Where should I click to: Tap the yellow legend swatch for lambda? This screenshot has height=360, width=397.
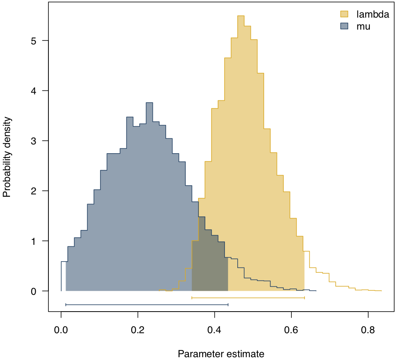pos(344,14)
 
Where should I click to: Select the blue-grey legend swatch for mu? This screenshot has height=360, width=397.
pos(344,26)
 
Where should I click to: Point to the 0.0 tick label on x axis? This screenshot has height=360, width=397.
pos(61,331)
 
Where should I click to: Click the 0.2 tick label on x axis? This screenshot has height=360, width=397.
pos(138,331)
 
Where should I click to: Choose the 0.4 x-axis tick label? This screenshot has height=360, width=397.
pos(215,331)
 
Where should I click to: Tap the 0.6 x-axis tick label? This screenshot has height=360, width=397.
pos(291,331)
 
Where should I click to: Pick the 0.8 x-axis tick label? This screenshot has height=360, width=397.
pos(368,331)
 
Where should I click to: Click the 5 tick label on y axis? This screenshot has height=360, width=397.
pos(34,41)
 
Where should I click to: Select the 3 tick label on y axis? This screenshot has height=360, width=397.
pos(34,141)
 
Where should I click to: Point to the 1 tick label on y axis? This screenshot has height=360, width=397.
pos(34,241)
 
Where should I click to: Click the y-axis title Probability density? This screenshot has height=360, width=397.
pos(7,157)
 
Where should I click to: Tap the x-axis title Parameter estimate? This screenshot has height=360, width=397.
pos(221,354)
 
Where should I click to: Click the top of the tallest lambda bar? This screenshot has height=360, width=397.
pos(241,16)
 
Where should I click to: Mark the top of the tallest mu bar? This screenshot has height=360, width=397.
pos(149,103)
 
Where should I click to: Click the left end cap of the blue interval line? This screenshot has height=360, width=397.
pos(66,305)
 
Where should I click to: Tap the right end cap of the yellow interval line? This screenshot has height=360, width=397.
pos(305,298)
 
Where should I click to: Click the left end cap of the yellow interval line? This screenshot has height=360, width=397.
pos(192,298)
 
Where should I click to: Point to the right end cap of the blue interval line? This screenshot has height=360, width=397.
pos(228,305)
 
